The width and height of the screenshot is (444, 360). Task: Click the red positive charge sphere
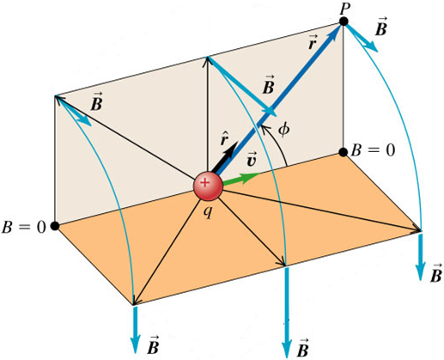point(208,186)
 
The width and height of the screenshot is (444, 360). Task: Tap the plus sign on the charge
point(204,182)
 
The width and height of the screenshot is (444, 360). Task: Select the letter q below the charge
point(208,211)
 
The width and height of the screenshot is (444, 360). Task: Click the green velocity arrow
point(240,179)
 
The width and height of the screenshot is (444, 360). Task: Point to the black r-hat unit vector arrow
point(225,158)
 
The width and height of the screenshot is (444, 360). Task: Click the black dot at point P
point(344,21)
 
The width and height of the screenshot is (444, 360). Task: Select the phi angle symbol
point(283,130)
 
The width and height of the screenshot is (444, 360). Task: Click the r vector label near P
point(313,42)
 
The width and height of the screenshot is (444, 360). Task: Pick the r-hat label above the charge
point(224,138)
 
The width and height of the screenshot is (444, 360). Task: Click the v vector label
point(251,161)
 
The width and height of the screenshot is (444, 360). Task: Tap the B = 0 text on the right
point(373,149)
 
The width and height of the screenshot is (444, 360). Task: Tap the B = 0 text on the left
point(23,228)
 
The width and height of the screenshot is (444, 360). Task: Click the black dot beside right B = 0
point(344,152)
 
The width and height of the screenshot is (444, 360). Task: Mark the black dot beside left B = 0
point(55,226)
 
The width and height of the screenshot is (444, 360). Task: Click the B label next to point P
point(381,27)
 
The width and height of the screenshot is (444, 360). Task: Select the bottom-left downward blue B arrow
point(135,329)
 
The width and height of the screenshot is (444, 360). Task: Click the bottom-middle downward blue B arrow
point(287,312)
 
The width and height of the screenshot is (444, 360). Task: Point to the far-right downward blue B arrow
point(420,257)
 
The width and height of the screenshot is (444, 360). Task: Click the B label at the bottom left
point(153,345)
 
